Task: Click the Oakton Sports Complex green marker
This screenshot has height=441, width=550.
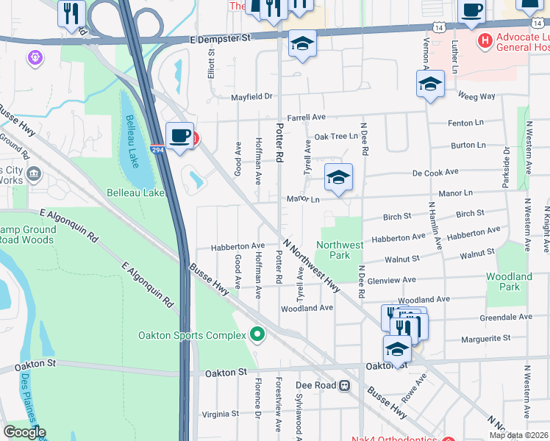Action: coord(257,335)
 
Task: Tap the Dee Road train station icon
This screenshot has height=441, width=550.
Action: coord(343,385)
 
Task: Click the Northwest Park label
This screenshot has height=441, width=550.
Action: coord(339,250)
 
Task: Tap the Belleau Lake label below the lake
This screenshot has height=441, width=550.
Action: coord(135,193)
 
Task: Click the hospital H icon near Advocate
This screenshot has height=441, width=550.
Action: coord(485,40)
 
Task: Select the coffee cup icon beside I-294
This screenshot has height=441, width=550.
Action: coord(180,136)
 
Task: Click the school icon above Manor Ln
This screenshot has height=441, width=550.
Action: coord(338,177)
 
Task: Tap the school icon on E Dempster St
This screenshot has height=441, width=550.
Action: coord(301,43)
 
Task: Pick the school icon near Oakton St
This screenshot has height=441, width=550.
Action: coord(397,348)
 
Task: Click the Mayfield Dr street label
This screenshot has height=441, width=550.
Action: coord(252,96)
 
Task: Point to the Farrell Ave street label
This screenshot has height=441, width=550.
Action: coord(306,117)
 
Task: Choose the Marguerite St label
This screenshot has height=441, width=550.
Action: coord(485,339)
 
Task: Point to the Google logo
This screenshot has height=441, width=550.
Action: coord(24,432)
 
